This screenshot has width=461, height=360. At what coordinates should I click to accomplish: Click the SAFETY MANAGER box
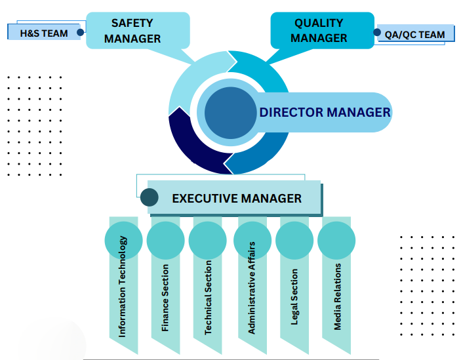(x=137, y=31)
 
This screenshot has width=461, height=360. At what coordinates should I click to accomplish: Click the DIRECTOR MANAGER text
(x=325, y=112)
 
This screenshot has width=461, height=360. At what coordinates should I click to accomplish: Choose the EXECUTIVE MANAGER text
(x=236, y=198)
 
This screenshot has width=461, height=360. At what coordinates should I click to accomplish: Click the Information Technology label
(x=123, y=287)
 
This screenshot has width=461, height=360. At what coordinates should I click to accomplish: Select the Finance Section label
(x=165, y=297)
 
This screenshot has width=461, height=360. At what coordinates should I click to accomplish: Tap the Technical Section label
(x=207, y=298)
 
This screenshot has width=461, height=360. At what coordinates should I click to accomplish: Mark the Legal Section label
(x=294, y=296)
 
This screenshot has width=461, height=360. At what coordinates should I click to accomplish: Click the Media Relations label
(x=338, y=296)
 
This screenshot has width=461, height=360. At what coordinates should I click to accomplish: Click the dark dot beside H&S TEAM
(x=81, y=31)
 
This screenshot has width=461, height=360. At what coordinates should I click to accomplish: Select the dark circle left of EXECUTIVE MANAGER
(x=150, y=197)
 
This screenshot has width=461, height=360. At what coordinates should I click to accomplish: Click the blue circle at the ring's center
(x=230, y=112)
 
